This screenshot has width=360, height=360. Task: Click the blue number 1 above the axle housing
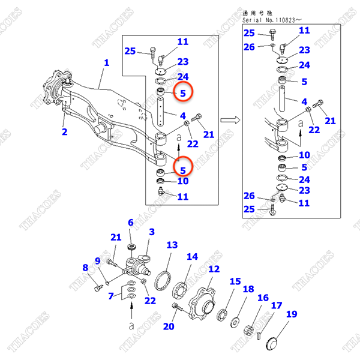point(107,62)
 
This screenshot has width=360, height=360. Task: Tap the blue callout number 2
point(64,131)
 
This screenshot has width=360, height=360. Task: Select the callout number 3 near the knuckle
point(152,232)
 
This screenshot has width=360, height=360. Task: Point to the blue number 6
point(130,223)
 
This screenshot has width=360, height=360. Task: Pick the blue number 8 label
point(85,268)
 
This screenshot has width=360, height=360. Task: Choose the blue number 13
point(172,245)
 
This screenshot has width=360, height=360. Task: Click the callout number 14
point(192,257)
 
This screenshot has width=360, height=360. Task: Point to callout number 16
point(263,298)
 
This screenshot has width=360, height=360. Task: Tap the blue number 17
point(276,306)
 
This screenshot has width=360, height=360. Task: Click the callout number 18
point(248,289)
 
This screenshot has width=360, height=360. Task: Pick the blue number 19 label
point(292,314)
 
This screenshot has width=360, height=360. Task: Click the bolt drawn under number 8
point(98,289)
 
